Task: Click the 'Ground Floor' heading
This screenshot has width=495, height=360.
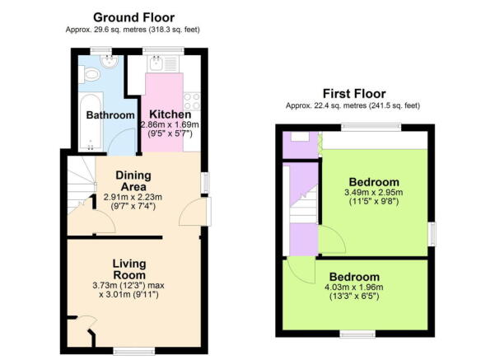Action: click(133, 17)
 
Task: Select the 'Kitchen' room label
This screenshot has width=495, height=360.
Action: click(170, 115)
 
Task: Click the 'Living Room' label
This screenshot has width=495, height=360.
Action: click(129, 269)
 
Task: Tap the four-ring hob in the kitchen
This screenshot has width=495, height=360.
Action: click(193, 101)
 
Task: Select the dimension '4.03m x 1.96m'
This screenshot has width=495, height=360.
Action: click(355, 287)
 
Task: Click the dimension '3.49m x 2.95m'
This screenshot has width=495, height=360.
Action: click(374, 193)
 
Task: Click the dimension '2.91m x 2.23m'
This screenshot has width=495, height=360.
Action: click(133, 197)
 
